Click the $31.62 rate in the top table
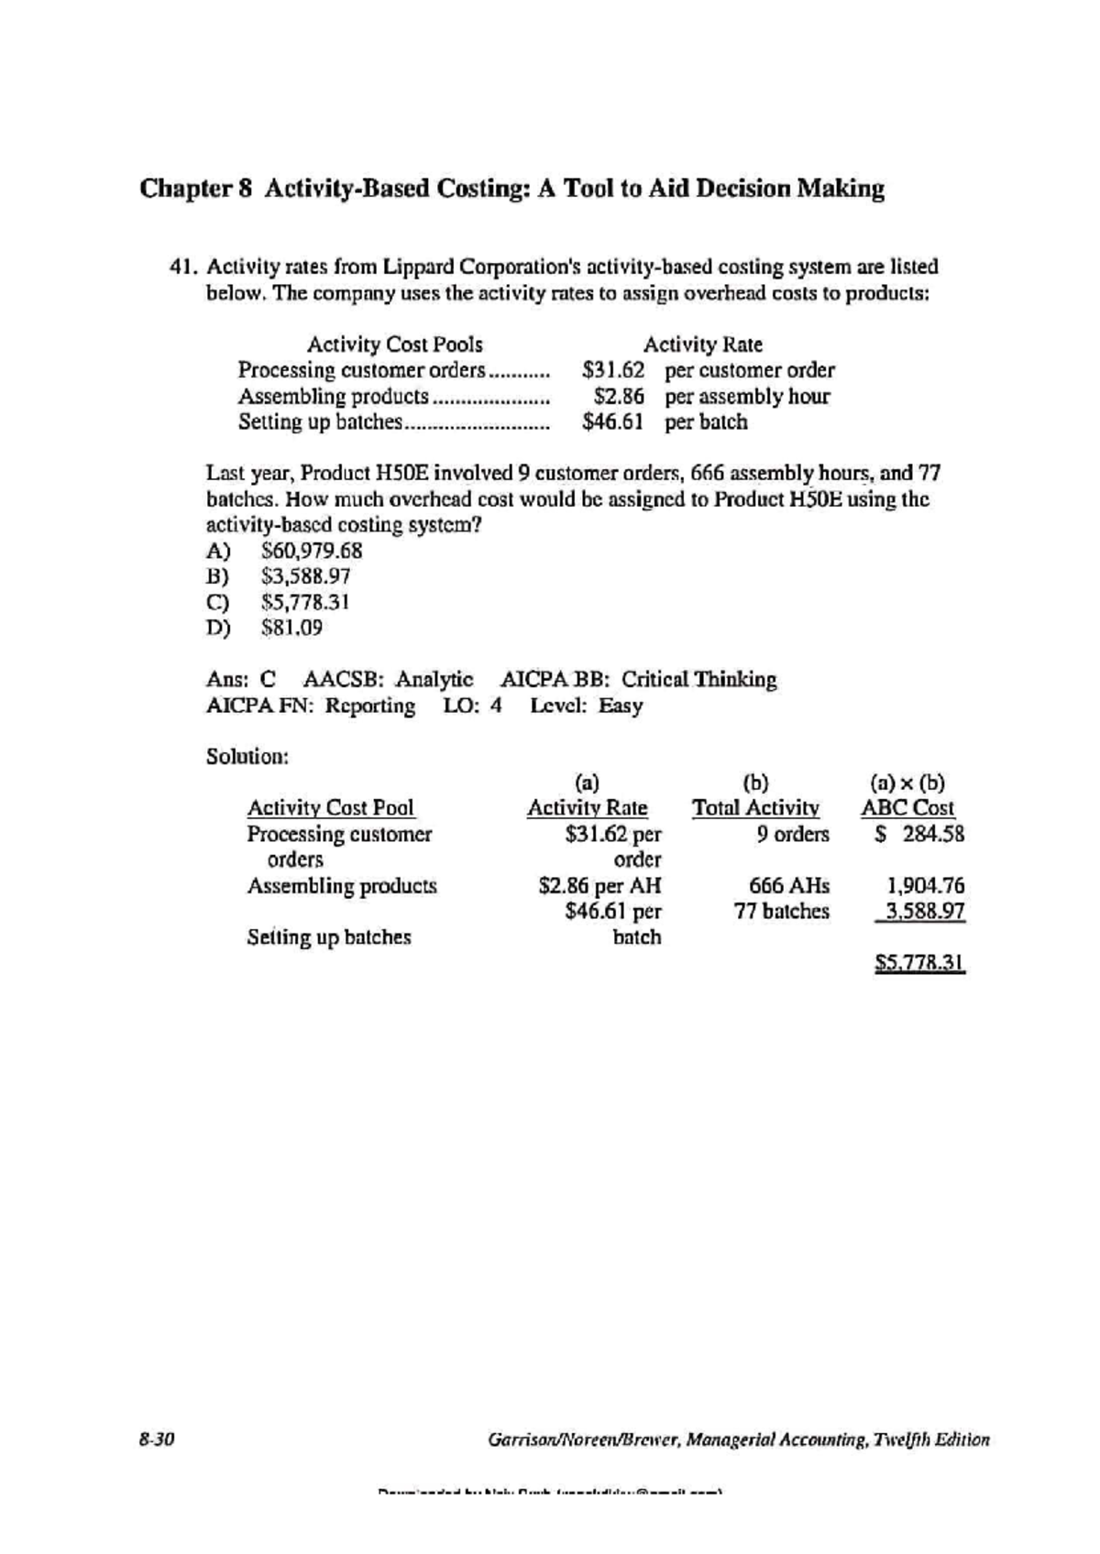coord(613,370)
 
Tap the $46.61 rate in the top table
coord(613,422)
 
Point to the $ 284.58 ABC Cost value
coord(919,834)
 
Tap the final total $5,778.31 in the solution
coord(919,963)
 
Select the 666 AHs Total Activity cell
coord(788,886)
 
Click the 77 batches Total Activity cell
coord(781,912)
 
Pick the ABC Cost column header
coord(907,808)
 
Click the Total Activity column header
coord(755,808)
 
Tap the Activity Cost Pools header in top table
coord(394,345)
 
